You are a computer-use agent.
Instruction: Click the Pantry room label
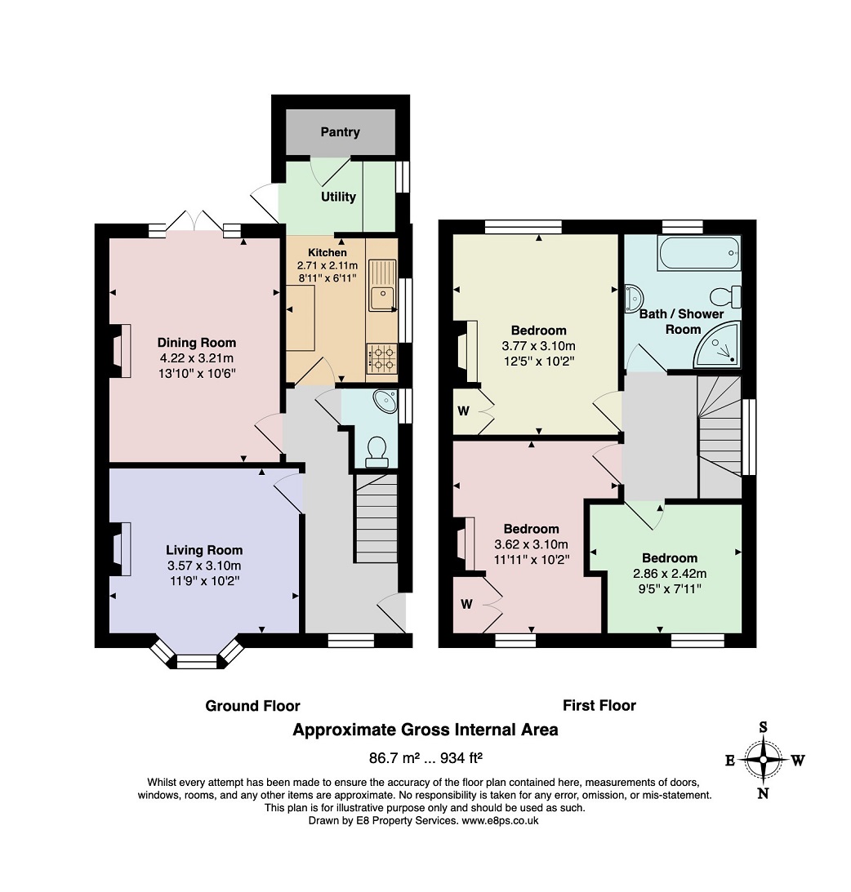pos(340,132)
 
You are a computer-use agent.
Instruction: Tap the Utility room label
pos(338,197)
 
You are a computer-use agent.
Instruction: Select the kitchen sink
pos(382,286)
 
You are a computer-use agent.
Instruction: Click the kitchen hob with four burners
pos(382,359)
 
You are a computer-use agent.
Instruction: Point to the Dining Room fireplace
pos(121,350)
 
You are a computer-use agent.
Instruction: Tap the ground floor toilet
pos(376,451)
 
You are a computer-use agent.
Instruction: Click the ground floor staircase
pos(376,519)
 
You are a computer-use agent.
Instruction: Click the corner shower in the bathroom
pos(717,344)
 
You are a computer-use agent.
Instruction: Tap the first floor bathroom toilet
pos(726,297)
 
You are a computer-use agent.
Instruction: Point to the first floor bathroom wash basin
pos(634,299)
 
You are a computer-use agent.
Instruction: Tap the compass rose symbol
pos(764,760)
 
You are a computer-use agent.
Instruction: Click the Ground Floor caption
pos(252,706)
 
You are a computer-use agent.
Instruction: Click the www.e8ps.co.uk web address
pos(500,820)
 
